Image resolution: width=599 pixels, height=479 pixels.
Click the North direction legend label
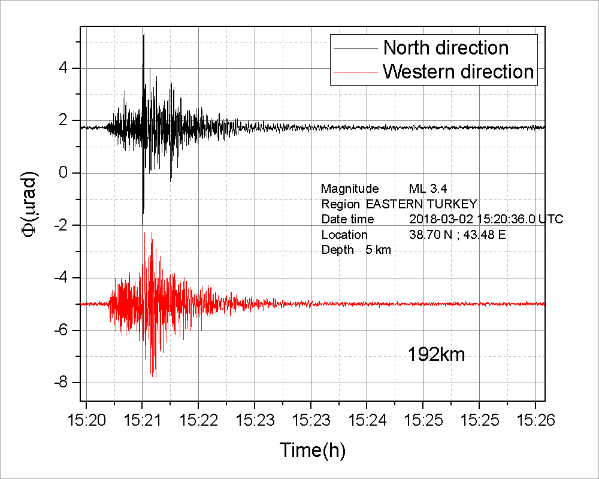(x=446, y=47)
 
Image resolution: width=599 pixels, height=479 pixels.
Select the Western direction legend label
(x=458, y=72)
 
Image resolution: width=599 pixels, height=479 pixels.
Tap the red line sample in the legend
(x=356, y=72)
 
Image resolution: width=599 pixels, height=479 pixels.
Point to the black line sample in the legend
(x=356, y=47)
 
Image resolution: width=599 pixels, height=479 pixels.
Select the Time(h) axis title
(x=312, y=450)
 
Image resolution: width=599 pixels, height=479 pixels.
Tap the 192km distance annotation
(x=437, y=354)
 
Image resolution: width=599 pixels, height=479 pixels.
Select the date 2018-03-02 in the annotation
(x=436, y=219)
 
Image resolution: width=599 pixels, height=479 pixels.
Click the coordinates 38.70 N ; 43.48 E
(x=457, y=235)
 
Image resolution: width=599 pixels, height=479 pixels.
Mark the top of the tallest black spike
(x=144, y=35)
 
